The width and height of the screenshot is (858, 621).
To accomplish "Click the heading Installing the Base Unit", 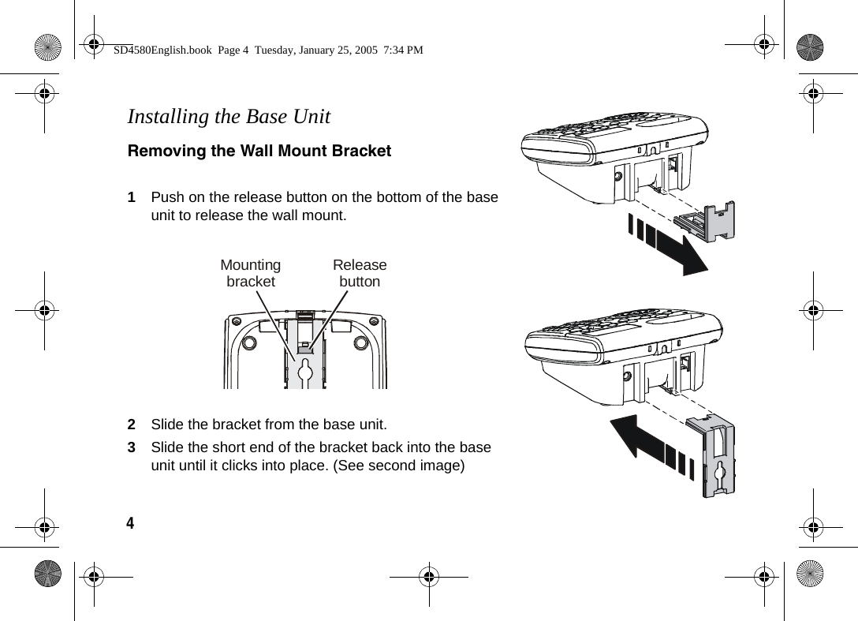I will (x=229, y=117).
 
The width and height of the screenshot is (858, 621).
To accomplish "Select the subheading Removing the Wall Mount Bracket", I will (x=259, y=151).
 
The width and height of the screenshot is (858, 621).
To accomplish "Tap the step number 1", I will (x=132, y=197).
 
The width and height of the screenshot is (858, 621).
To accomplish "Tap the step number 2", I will (x=132, y=425).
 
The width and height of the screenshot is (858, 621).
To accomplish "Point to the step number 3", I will (x=132, y=447).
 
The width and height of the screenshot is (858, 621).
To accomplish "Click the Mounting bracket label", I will (x=250, y=273).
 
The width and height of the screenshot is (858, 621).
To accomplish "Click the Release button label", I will (x=360, y=273).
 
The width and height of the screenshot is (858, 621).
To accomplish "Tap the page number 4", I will (x=131, y=524).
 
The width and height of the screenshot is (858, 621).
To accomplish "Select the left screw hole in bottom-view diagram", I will (x=248, y=343).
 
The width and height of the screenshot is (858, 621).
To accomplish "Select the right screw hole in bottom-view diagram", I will (x=361, y=343).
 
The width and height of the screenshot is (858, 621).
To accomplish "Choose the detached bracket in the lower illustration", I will (x=716, y=456).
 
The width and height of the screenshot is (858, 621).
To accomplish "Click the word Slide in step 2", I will (x=166, y=425).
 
